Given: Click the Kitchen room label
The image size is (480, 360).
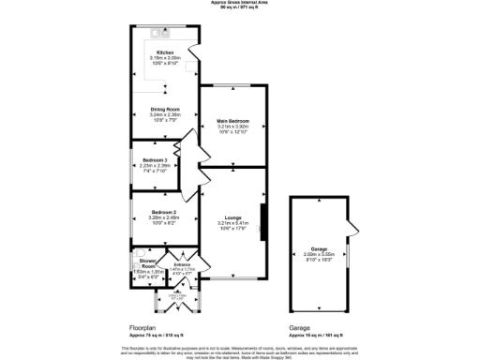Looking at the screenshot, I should click(165, 52).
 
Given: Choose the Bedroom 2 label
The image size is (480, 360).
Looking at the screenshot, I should click(164, 212).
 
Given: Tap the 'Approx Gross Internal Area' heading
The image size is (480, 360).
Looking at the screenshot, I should click(239, 3).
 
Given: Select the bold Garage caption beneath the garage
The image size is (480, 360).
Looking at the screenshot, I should click(300, 328).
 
